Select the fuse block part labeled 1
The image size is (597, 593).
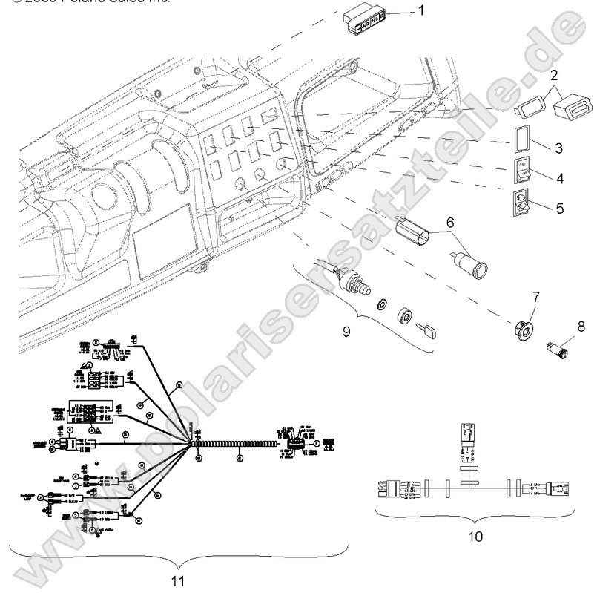366,16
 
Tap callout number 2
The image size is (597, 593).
554,75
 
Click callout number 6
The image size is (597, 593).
449,220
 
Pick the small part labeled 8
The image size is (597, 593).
556,344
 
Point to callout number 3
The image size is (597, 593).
558,147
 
